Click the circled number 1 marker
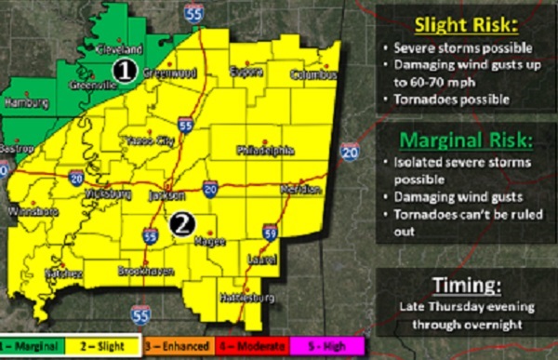tap(124, 68)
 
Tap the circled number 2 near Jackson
tap(182, 222)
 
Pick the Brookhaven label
tap(140, 271)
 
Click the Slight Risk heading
tap(457, 22)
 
